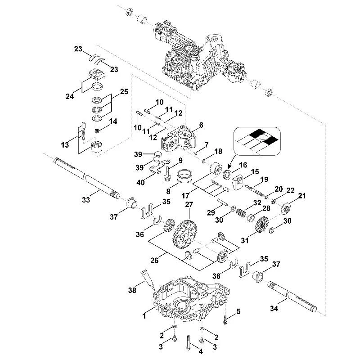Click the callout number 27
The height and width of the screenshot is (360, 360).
[x=189, y=205]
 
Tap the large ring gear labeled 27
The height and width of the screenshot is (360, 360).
[x=184, y=234]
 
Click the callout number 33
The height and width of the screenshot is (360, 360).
[x=86, y=200]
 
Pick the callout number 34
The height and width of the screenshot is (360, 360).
[x=274, y=309]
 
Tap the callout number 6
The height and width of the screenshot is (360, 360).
[x=201, y=125]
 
